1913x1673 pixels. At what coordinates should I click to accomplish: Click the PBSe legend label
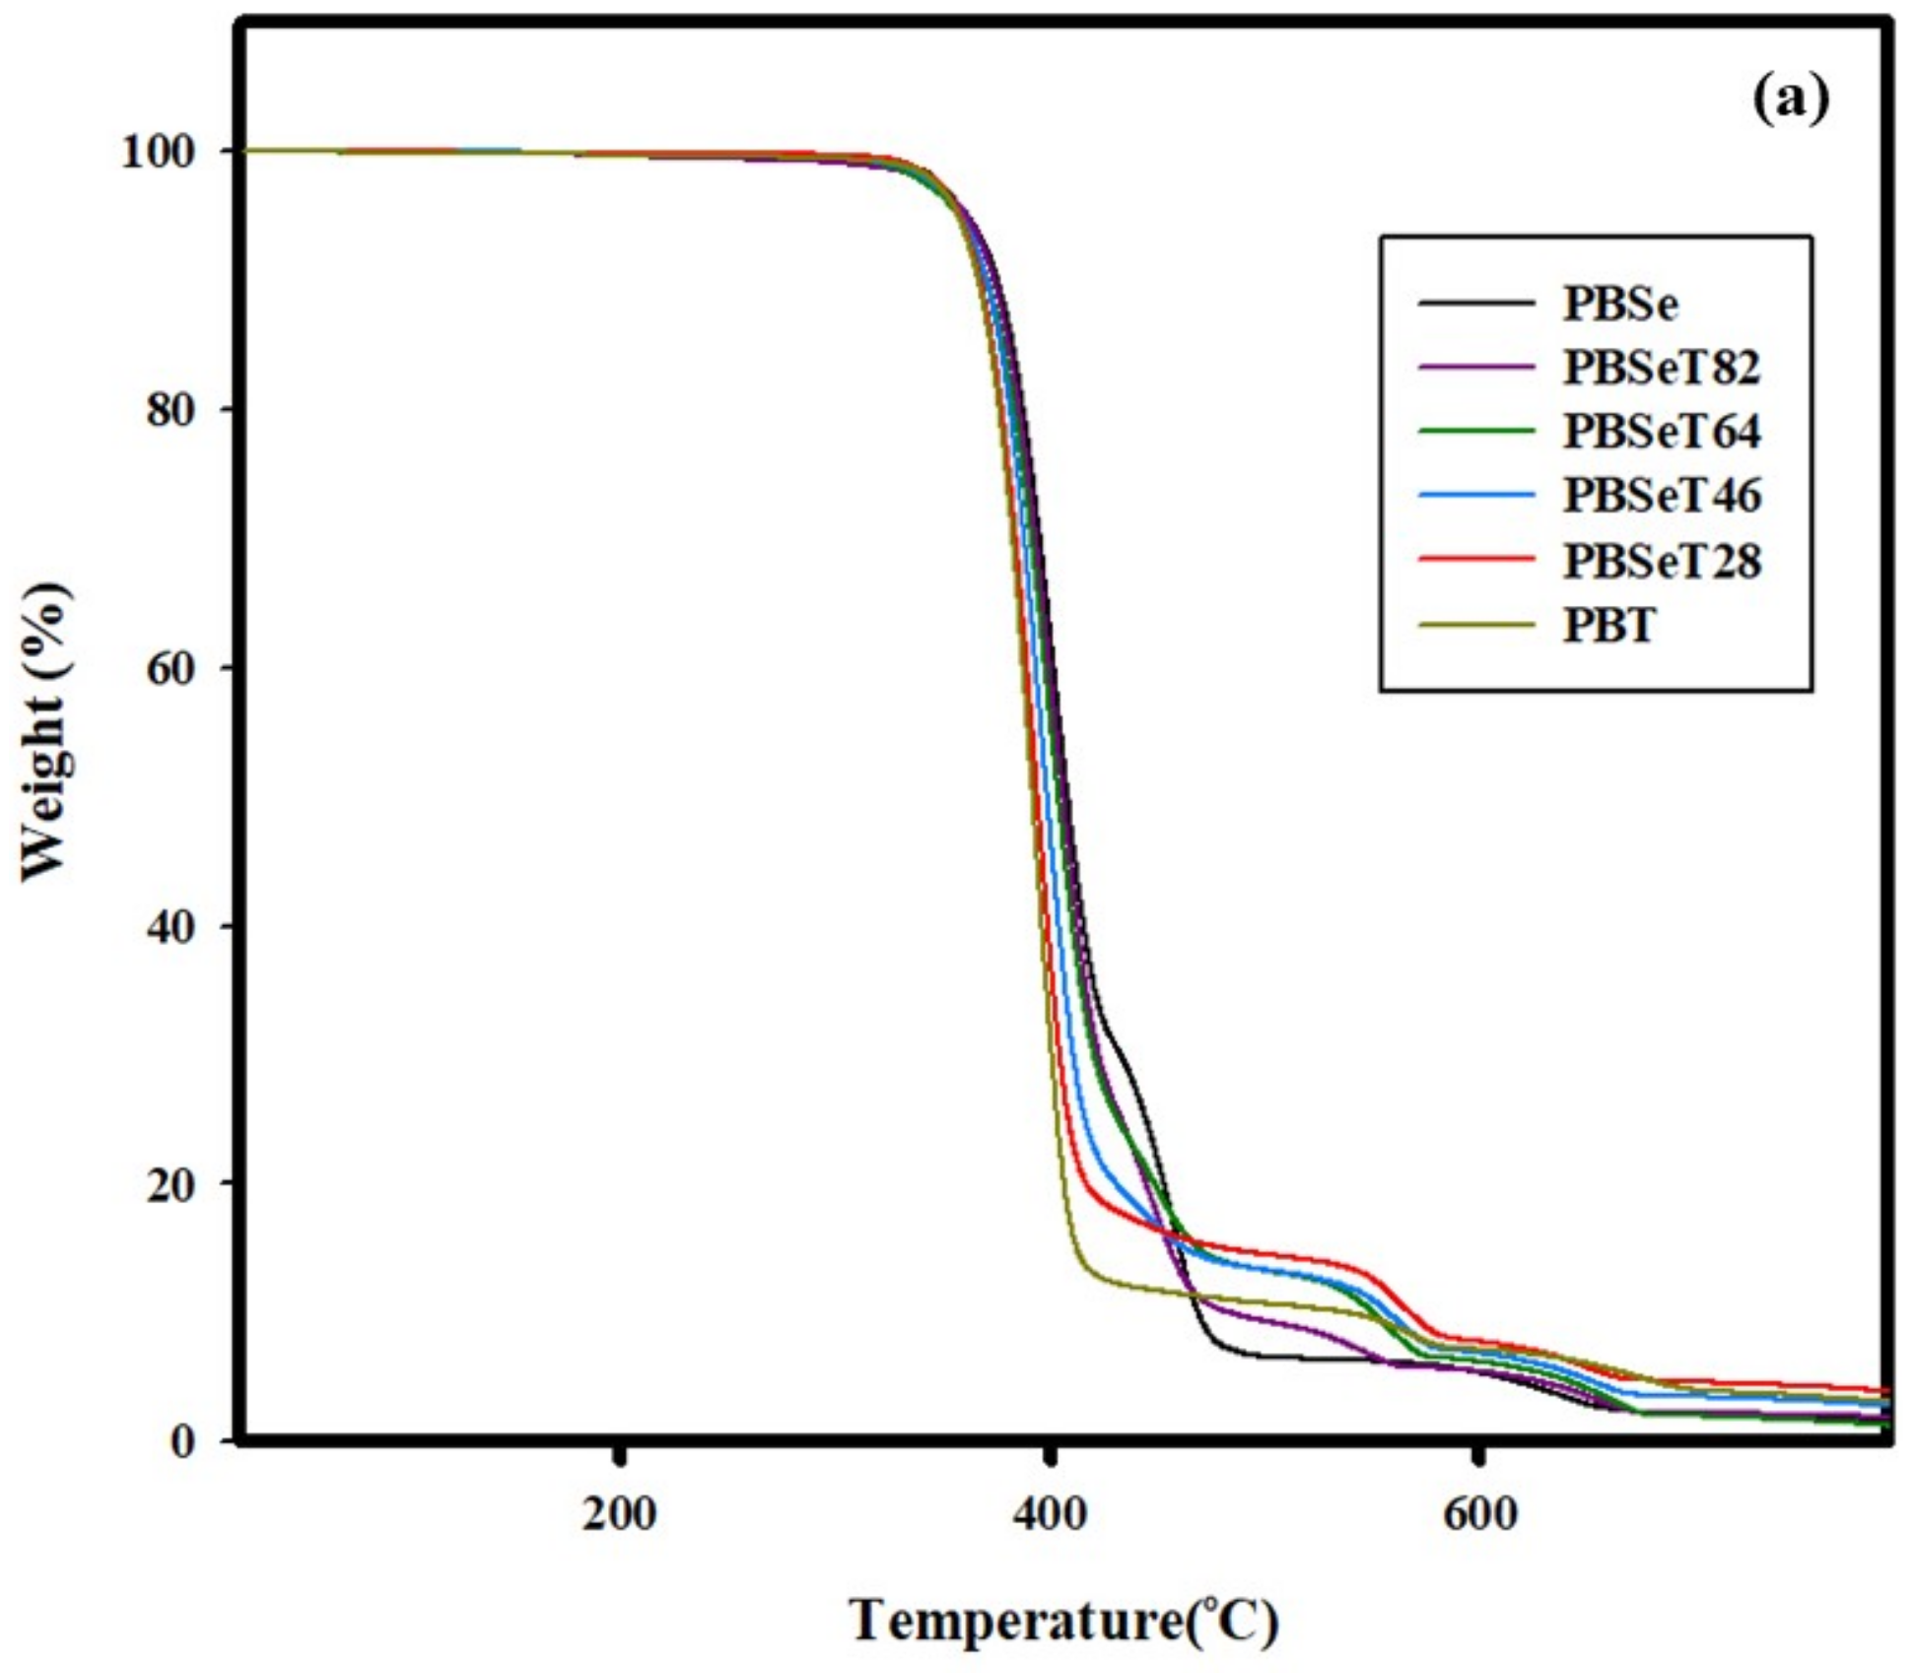(x=1619, y=303)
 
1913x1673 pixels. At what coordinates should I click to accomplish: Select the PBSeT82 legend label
(x=1661, y=368)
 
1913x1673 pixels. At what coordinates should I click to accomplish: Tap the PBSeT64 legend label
(x=1661, y=432)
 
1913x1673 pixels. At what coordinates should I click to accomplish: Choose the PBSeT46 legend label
(x=1661, y=496)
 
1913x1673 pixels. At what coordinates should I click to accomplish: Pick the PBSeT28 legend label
(x=1661, y=562)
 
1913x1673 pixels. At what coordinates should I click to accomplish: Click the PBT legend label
(x=1608, y=626)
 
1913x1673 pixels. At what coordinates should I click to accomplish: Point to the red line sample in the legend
(x=1476, y=560)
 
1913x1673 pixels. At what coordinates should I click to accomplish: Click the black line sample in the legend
(x=1476, y=302)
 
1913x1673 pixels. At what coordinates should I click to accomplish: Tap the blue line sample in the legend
(x=1476, y=495)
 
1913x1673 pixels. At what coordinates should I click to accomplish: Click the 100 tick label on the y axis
(x=158, y=152)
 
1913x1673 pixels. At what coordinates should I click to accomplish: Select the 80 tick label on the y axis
(x=171, y=410)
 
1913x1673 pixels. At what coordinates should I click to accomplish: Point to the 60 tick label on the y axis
(x=171, y=668)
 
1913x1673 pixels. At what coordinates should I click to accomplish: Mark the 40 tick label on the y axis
(x=171, y=926)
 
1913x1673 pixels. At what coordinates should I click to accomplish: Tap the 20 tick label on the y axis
(x=171, y=1183)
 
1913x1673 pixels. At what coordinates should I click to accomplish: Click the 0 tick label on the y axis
(x=182, y=1441)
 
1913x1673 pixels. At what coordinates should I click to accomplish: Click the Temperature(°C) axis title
(x=1063, y=1621)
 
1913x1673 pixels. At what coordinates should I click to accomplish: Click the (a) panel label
(x=1790, y=100)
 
